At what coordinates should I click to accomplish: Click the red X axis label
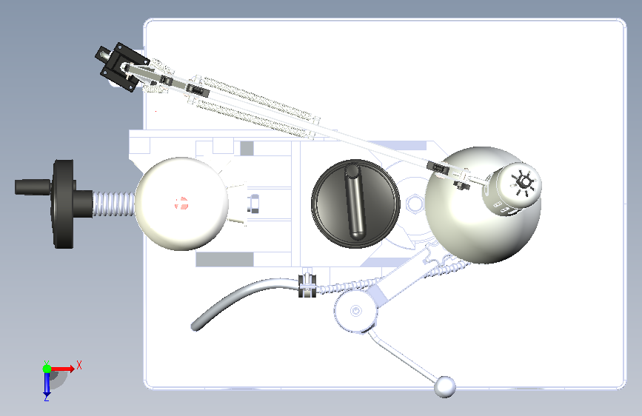[79, 365]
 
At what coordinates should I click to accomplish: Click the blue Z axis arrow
[47, 383]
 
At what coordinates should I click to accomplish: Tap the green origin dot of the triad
[47, 369]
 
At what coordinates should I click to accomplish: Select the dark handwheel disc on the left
[63, 204]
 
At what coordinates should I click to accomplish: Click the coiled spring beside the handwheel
[114, 204]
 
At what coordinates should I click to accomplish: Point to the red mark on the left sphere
[181, 203]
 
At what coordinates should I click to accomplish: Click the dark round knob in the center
[355, 204]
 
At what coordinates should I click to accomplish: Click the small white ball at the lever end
[444, 386]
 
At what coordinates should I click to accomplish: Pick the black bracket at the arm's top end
[122, 67]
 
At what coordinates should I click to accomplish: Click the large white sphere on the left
[181, 204]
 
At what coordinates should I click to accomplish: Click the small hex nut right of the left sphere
[253, 204]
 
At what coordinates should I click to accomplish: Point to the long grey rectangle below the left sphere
[224, 259]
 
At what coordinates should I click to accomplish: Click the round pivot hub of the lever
[355, 311]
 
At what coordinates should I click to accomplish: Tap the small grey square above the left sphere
[247, 148]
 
